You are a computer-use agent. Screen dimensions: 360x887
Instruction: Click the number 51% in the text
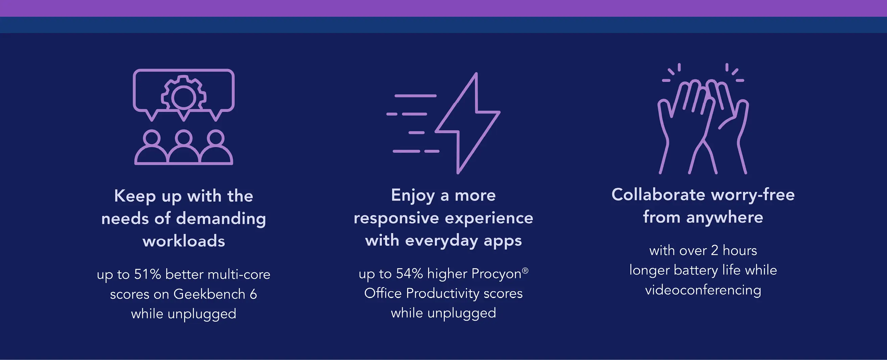[x=147, y=274]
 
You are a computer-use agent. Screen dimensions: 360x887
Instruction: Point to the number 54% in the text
[x=409, y=274]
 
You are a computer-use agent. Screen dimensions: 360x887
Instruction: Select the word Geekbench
[x=209, y=294]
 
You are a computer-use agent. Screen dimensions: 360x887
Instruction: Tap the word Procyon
[x=496, y=274]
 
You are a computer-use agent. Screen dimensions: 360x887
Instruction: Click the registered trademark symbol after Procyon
[x=525, y=271]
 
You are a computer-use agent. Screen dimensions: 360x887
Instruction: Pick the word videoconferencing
[x=703, y=290]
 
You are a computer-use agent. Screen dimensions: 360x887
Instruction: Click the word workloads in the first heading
[x=183, y=240]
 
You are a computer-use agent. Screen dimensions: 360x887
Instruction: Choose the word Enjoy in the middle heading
[x=413, y=196]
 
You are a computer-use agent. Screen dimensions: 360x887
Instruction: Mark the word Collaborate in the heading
[x=658, y=195]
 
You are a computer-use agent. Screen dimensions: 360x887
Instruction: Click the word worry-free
[x=753, y=195]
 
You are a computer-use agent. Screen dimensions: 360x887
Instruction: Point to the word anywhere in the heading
[x=724, y=217]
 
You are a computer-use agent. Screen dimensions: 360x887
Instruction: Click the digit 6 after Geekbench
[x=253, y=294]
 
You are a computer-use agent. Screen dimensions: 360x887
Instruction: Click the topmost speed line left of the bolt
[x=415, y=96]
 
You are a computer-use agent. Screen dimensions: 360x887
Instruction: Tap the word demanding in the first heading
[x=221, y=219]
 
